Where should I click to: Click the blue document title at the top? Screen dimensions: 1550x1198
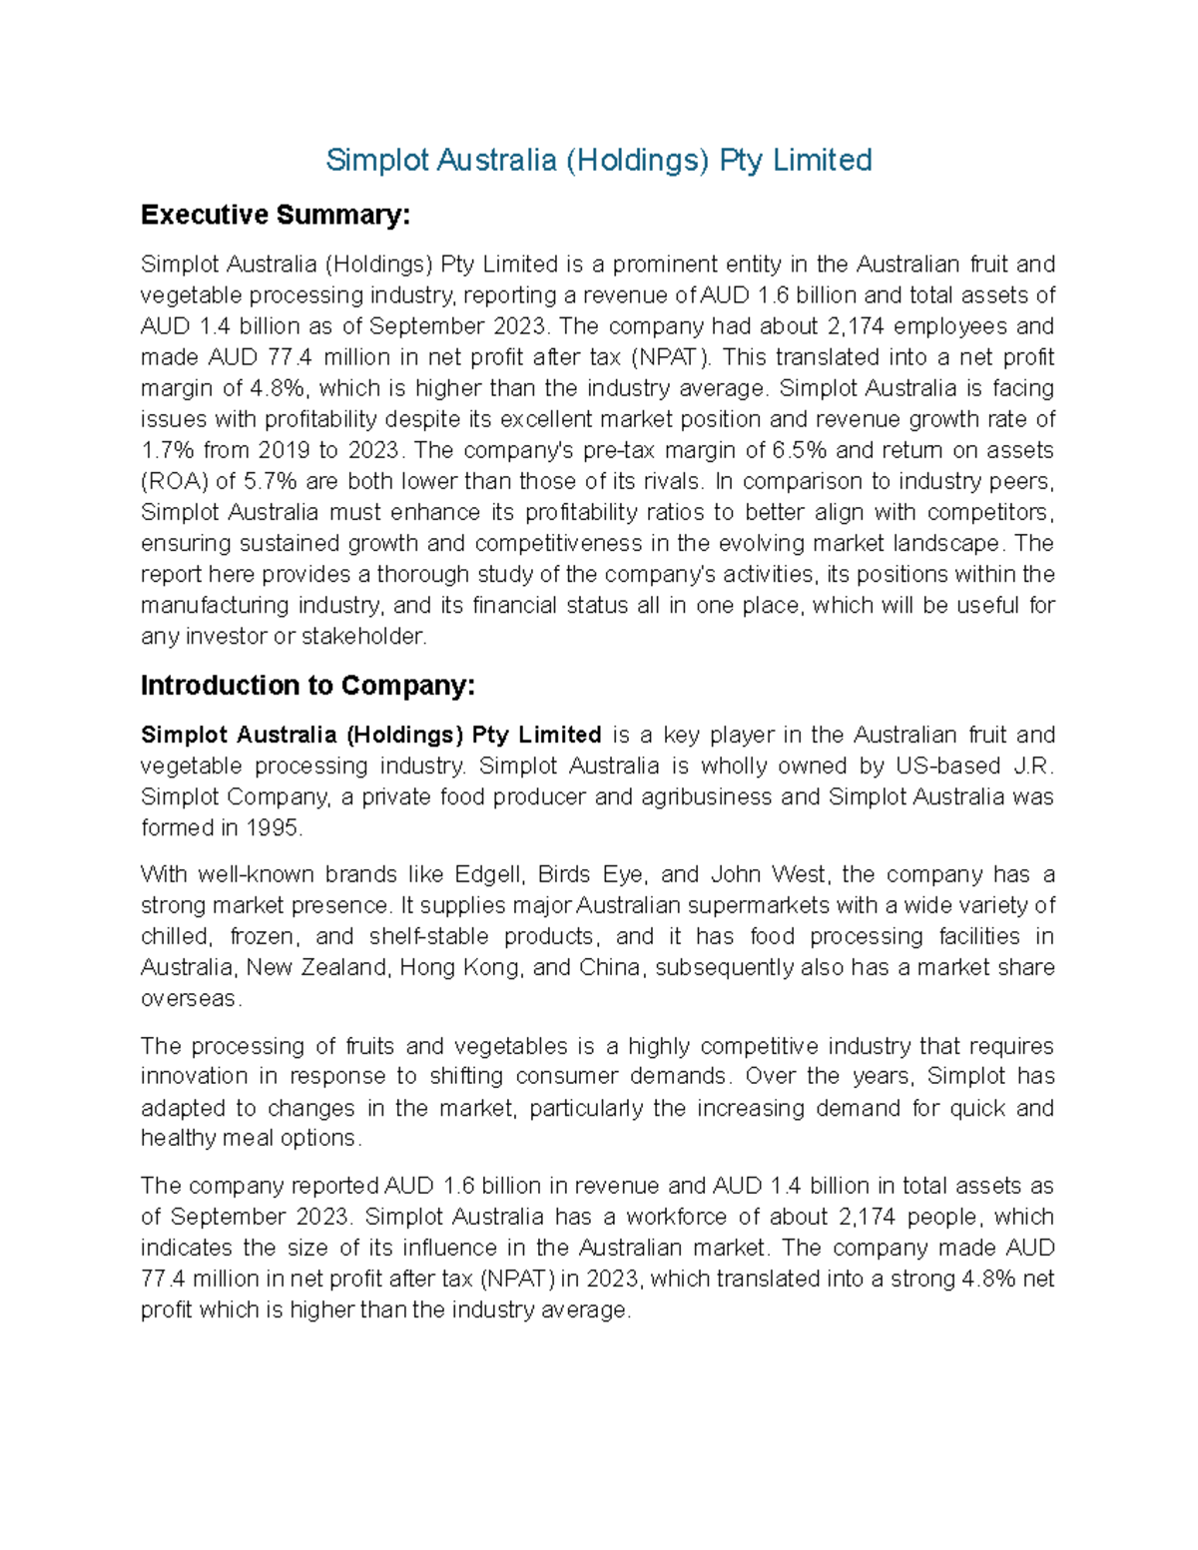click(599, 160)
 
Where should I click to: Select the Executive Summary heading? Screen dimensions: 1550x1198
click(275, 215)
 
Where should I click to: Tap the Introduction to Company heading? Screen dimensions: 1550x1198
click(307, 686)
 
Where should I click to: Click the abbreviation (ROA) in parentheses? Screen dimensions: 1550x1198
click(175, 481)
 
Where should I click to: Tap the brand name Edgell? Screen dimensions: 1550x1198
click(488, 875)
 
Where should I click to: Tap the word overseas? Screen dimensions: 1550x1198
click(190, 999)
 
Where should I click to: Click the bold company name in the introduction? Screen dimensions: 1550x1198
click(370, 736)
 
